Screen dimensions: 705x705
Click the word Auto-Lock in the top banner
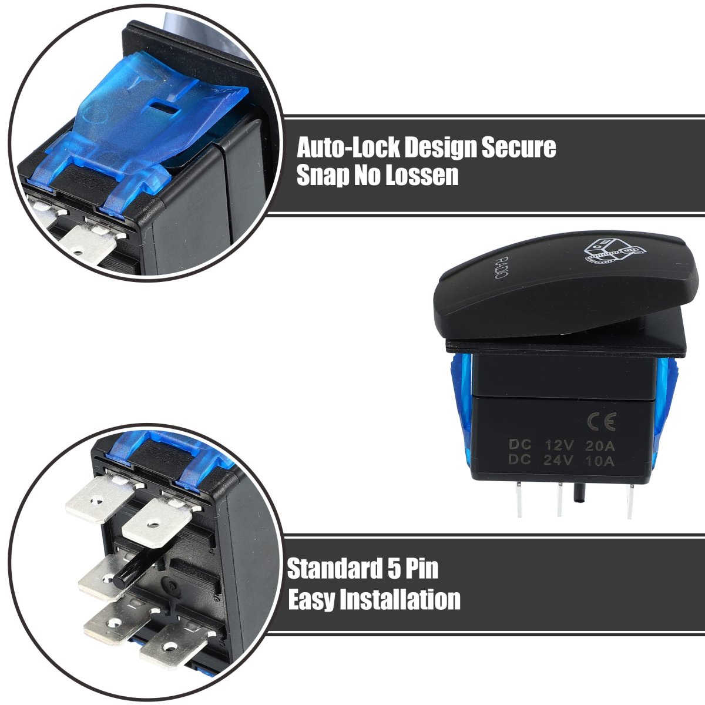point(348,147)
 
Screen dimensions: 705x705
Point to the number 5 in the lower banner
point(394,569)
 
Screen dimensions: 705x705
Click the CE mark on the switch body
point(602,421)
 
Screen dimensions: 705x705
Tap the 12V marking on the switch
point(559,445)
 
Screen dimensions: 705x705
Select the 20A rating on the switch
point(600,445)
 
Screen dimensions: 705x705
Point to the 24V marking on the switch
point(558,460)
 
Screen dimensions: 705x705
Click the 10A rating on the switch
point(599,461)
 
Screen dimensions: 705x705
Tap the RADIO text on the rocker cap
point(501,267)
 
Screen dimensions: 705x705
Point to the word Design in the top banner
point(440,147)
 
